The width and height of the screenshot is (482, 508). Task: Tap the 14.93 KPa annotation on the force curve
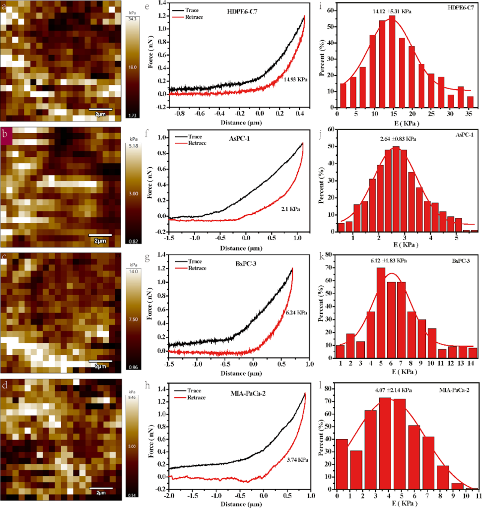coord(296,78)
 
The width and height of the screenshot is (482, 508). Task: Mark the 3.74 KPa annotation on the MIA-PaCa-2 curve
coord(297,460)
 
